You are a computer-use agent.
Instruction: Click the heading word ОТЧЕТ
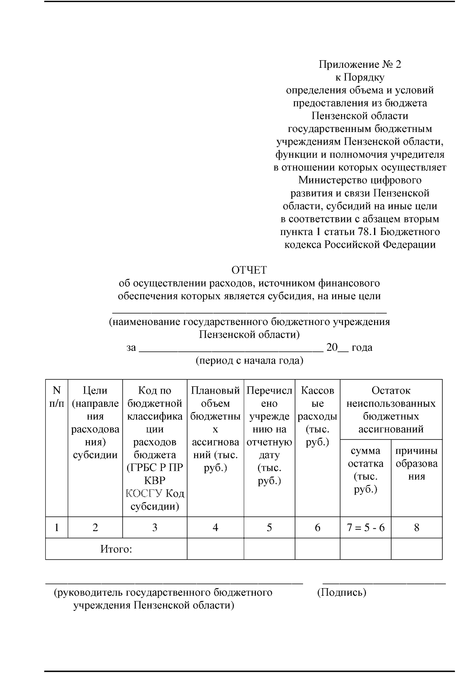tap(249, 270)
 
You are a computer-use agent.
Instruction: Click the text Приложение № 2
tap(360, 64)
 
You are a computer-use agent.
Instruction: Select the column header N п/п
tap(56, 397)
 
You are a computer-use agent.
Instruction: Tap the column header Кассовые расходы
tap(317, 416)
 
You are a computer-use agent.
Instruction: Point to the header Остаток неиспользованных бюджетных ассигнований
tap(391, 409)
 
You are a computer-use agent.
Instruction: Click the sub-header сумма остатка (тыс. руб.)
tap(365, 470)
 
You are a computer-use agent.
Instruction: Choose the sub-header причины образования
tap(416, 463)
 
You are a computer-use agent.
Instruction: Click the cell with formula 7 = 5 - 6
tap(365, 528)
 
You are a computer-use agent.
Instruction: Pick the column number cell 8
tap(416, 528)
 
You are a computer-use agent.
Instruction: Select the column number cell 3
tap(155, 528)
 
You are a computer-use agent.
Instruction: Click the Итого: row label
tap(116, 549)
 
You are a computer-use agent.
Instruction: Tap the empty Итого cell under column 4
tap(215, 549)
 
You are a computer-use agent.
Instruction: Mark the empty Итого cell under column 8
tap(416, 549)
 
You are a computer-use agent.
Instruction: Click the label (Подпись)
tap(342, 593)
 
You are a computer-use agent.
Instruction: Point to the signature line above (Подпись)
tap(384, 583)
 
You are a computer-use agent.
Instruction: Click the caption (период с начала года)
tap(249, 361)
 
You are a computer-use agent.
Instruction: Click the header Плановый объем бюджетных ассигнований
tap(215, 428)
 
